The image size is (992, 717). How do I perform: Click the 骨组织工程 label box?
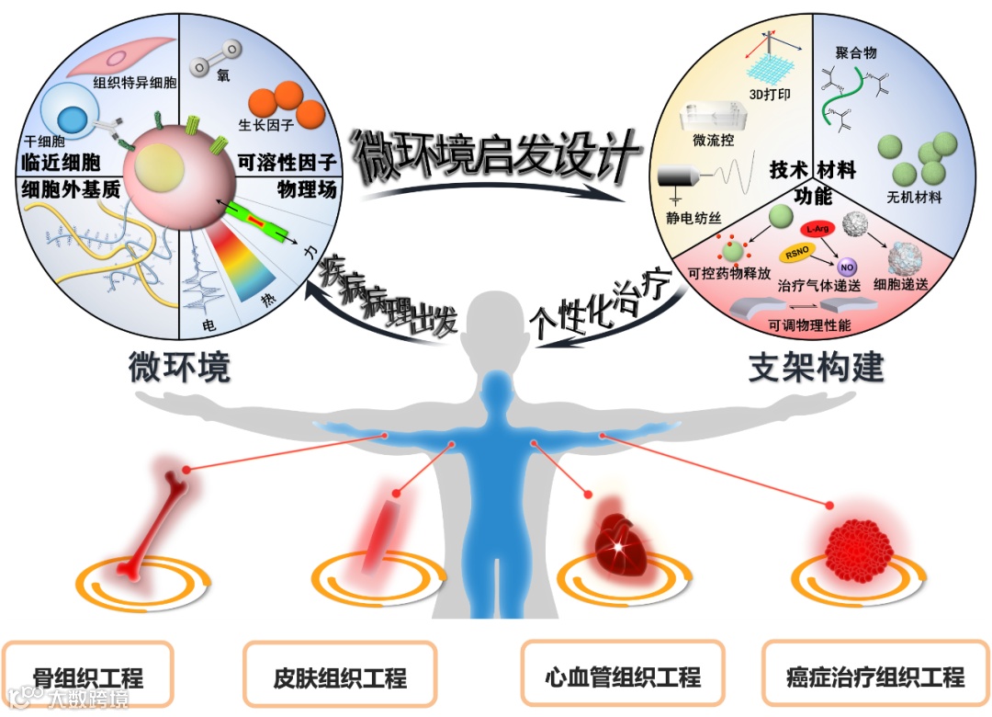click(88, 678)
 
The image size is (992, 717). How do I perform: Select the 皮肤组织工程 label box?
click(339, 678)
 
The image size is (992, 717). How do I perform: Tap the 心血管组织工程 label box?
click(622, 677)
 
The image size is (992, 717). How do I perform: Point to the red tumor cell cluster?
click(859, 549)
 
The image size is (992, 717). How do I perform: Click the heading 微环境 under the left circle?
click(179, 368)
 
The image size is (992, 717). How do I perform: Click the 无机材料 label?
click(915, 197)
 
